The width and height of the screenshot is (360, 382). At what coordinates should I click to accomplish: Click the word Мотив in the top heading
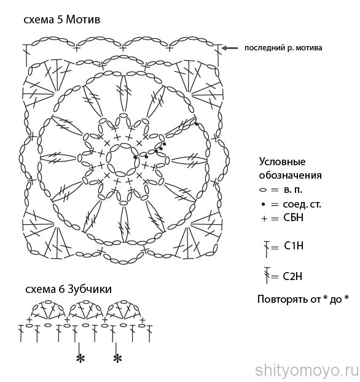point(83,20)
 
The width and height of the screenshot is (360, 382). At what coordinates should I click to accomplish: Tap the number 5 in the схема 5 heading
point(60,20)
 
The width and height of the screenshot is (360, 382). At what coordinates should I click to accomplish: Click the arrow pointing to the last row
point(230,48)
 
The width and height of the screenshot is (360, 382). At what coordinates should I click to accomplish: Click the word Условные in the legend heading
point(282,162)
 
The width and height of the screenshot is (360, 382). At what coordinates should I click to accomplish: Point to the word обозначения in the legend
point(290,175)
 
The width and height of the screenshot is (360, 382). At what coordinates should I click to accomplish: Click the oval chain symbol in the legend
point(263,190)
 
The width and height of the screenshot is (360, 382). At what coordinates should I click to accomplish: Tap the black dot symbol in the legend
point(263,204)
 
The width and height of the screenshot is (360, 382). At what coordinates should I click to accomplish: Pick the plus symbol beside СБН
point(264,219)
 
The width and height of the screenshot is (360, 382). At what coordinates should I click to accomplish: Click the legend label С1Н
point(294,246)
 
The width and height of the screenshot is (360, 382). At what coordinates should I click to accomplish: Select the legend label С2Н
point(292,276)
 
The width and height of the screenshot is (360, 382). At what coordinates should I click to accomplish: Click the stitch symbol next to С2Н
point(267,276)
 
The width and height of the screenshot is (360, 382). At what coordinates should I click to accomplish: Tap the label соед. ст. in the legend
point(302,204)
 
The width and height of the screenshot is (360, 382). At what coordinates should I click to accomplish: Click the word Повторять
point(282,299)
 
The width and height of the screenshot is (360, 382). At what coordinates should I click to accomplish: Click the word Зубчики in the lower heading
point(90,289)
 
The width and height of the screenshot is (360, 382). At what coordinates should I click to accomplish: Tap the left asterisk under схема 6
point(80,359)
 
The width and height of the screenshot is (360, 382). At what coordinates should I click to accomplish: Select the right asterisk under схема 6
point(117,359)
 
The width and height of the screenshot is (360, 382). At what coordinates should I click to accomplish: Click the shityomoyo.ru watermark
point(307,370)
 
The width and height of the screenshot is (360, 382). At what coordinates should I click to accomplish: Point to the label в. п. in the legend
point(293,190)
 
